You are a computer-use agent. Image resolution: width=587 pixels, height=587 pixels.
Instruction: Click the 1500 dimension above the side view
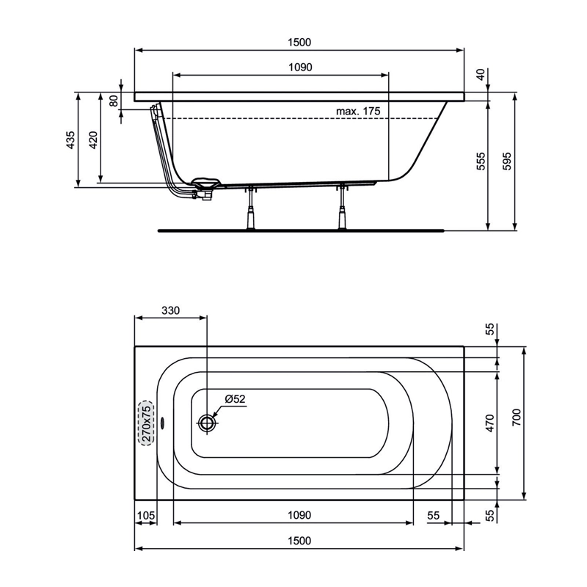[299, 43]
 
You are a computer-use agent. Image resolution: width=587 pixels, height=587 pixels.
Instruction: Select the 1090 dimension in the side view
[300, 68]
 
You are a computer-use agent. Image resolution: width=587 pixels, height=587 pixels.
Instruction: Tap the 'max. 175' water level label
[358, 112]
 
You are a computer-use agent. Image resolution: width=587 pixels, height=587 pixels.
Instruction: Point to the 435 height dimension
[70, 140]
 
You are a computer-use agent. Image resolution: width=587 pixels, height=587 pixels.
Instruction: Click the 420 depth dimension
[93, 140]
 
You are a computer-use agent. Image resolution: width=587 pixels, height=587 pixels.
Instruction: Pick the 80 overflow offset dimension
[114, 101]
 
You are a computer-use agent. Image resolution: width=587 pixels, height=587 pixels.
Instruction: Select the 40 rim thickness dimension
[481, 74]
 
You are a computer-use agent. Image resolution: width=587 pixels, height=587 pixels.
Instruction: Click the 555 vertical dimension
[481, 161]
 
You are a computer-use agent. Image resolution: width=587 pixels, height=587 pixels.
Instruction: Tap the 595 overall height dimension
[506, 161]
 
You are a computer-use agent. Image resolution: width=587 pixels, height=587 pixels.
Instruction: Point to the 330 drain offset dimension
[171, 310]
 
